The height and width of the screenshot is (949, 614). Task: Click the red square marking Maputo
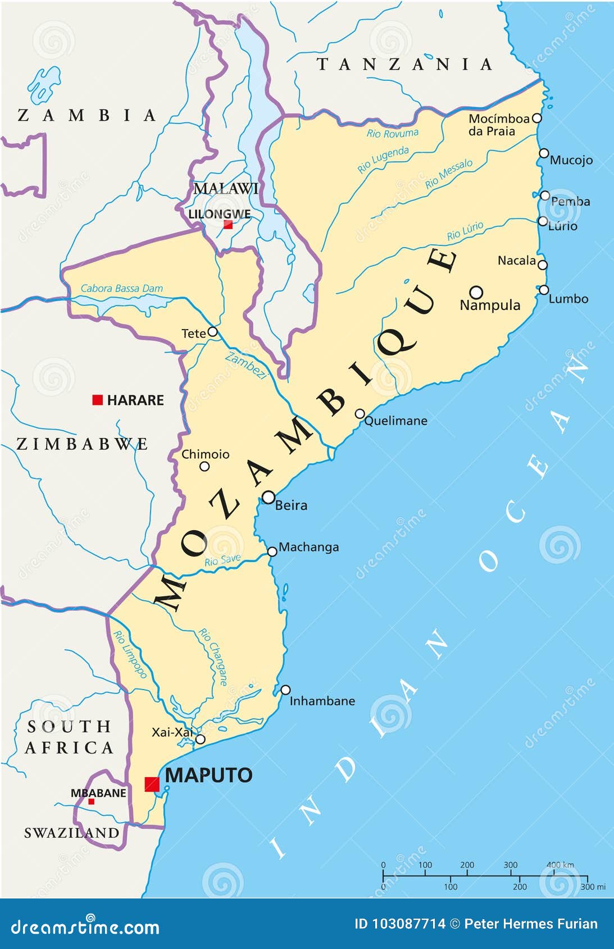pos(152,784)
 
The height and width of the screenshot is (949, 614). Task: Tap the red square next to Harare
pos(98,400)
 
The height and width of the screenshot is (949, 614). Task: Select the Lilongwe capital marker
pos(228,225)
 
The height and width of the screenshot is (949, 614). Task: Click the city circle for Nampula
pos(476,292)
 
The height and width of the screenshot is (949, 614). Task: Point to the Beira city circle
pos(269,497)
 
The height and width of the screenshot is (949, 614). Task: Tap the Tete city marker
pos(212,332)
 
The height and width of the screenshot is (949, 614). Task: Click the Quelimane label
pos(395,421)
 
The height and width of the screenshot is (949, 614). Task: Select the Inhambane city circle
pos(285,690)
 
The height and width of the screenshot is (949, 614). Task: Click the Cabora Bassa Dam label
pos(121,289)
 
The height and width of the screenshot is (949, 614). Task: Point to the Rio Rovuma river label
pos(392,134)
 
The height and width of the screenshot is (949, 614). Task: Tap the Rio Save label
pos(222,560)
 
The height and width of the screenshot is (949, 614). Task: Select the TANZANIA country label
pos(404,65)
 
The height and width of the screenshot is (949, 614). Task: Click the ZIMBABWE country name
pos(82,444)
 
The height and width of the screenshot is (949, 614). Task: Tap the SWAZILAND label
pos(71,833)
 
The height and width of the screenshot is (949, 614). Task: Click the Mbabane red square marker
pos(91,801)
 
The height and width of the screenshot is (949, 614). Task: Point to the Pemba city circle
pos(544,195)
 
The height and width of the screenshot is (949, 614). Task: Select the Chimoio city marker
pos(204,466)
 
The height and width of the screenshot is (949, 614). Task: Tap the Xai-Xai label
pos(172,732)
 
